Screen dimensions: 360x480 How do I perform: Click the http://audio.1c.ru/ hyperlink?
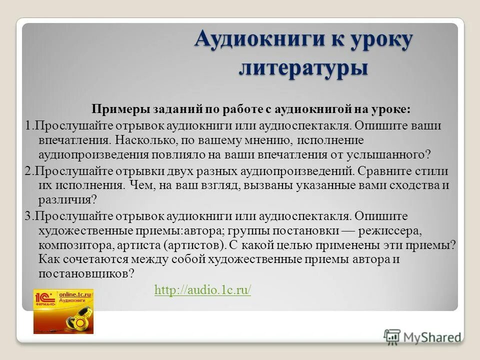coord(202,290)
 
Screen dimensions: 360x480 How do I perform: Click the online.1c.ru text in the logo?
coord(76,295)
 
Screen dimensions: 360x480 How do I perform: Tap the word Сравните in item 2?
coord(383,170)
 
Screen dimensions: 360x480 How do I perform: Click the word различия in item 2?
coord(64,200)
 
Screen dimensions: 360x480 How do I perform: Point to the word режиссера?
coord(395,231)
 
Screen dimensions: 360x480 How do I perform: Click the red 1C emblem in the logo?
coord(45,299)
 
